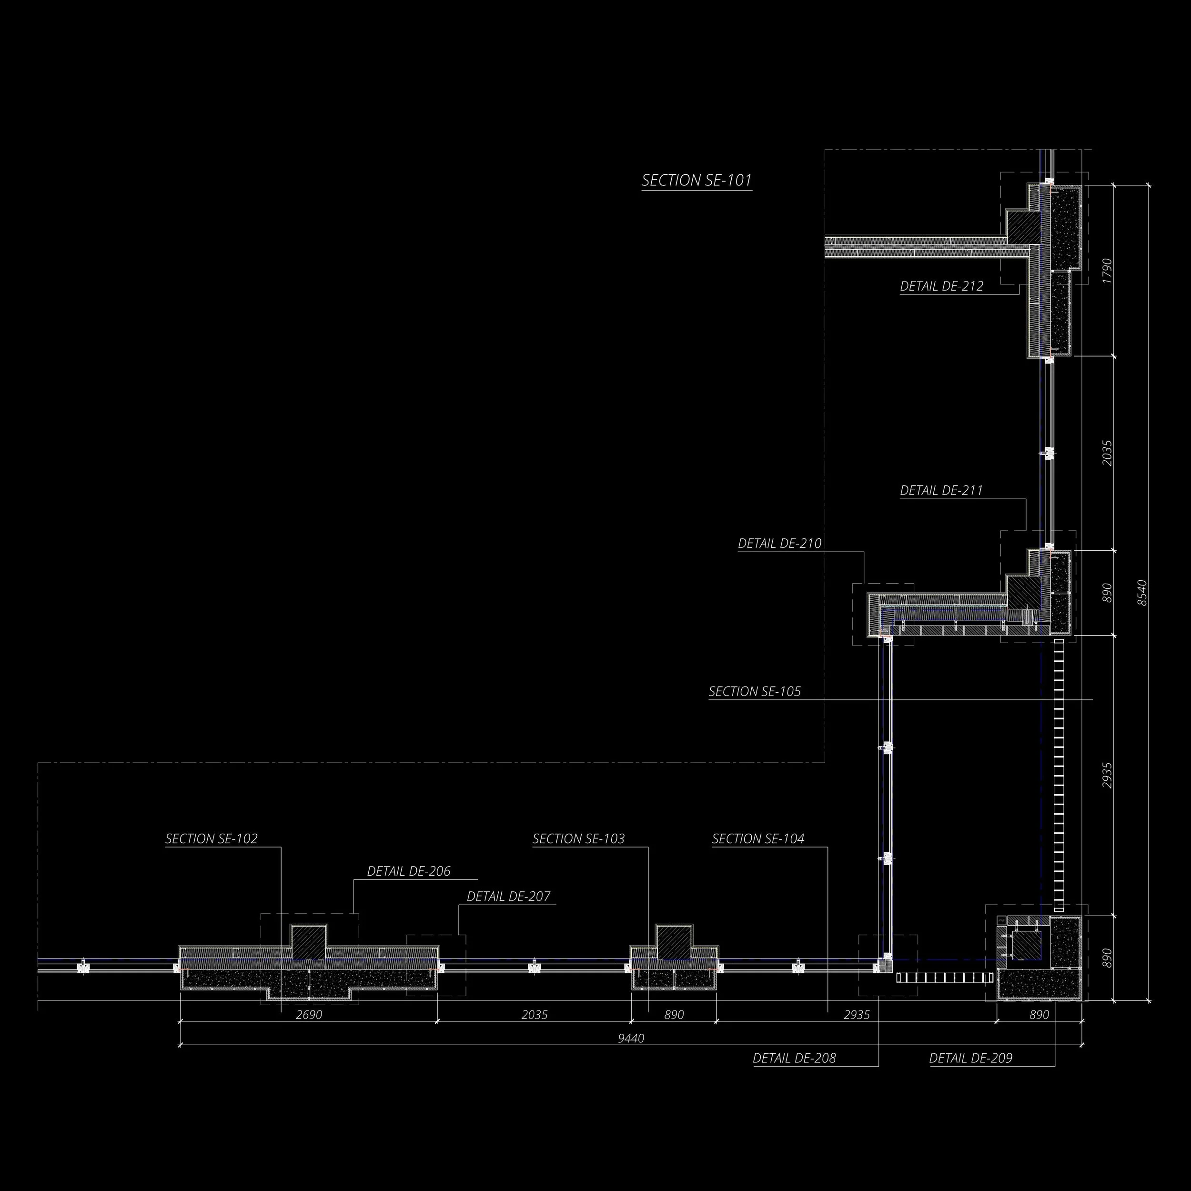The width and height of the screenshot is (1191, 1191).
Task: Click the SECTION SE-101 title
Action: (696, 181)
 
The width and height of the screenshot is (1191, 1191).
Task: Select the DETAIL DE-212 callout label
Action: (941, 286)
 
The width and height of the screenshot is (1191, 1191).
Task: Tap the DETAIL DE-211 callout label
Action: (941, 491)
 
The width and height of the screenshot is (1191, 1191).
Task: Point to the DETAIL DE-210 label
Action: (780, 544)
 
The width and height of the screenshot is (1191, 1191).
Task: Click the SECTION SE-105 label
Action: (755, 692)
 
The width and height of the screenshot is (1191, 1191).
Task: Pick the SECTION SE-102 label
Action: (212, 839)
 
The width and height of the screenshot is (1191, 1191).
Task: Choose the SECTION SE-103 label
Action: (578, 839)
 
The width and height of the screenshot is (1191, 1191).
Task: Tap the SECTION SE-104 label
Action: (758, 839)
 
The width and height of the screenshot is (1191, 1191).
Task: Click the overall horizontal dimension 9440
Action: (631, 1039)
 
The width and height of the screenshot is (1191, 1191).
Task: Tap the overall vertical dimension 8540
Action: (1142, 593)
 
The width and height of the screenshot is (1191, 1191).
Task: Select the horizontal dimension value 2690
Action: (308, 1015)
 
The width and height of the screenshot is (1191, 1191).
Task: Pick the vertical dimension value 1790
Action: (1107, 271)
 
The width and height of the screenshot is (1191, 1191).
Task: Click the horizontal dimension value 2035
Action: (534, 1015)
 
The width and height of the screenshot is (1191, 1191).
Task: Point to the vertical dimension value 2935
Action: (1107, 776)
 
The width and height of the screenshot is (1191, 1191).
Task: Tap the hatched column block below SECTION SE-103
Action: (674, 942)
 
